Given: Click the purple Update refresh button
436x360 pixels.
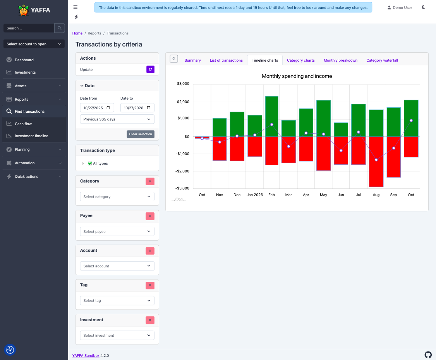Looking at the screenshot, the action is [150, 69].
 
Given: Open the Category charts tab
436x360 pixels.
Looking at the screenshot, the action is [300, 60].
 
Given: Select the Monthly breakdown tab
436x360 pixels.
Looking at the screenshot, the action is [340, 60].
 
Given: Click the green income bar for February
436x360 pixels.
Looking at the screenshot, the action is [272, 116].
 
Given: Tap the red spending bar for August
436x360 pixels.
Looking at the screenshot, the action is [376, 162].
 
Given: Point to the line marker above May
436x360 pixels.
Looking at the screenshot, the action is [323, 134].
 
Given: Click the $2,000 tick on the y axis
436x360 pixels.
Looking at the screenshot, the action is [183, 102].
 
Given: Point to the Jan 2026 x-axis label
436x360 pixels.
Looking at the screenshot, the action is [255, 195].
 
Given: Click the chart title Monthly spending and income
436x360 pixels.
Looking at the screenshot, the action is [297, 76].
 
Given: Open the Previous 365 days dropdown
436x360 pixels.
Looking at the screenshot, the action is [117, 119].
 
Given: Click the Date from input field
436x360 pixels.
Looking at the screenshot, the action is [97, 108].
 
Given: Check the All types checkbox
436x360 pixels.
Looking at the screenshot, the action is [90, 163].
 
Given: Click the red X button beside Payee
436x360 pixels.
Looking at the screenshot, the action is [150, 216].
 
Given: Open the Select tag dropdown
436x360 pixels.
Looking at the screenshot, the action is [117, 300].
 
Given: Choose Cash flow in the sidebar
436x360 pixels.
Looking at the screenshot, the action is [23, 124].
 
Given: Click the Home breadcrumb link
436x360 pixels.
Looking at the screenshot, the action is [77, 33].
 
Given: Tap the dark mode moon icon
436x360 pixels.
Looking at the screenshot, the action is [424, 7].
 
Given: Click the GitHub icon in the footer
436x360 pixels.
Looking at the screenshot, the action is [428, 355].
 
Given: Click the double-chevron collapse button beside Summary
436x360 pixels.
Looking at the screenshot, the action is [174, 59].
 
